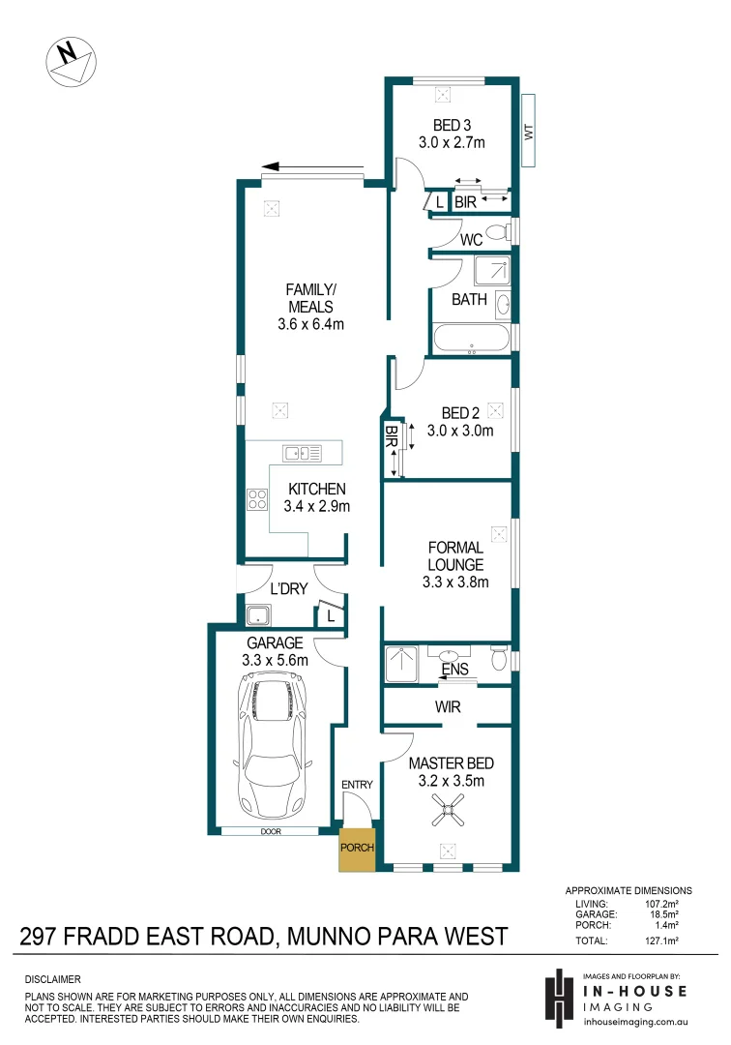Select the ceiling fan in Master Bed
coord(448,811)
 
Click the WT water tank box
coord(528,131)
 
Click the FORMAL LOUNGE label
coord(455,556)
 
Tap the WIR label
coord(448,707)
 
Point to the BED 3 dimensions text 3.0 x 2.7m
coord(452,142)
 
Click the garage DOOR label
coord(269,830)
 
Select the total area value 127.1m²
coord(663,940)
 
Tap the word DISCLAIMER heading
coord(52,979)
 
